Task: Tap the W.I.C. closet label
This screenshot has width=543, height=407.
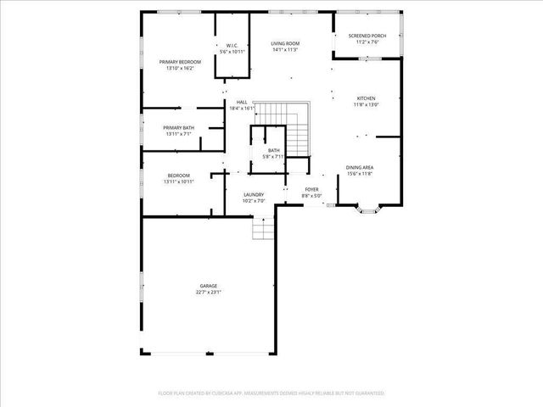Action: pyautogui.click(x=232, y=46)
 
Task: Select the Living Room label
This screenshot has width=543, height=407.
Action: pyautogui.click(x=286, y=43)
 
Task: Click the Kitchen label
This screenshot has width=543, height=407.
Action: pyautogui.click(x=366, y=98)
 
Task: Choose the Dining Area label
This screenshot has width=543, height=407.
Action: pyautogui.click(x=360, y=168)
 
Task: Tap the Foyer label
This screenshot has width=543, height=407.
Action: pyautogui.click(x=311, y=189)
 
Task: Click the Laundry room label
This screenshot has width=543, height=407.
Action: pyautogui.click(x=254, y=195)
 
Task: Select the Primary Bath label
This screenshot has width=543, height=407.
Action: pyautogui.click(x=179, y=128)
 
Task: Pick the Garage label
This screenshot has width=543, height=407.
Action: pyautogui.click(x=209, y=286)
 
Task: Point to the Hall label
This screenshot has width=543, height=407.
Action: pyautogui.click(x=242, y=103)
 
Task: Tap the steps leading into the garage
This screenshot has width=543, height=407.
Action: pyautogui.click(x=263, y=228)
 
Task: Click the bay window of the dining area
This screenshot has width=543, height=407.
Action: pyautogui.click(x=370, y=207)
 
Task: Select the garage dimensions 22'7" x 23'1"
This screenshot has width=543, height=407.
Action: pyautogui.click(x=209, y=293)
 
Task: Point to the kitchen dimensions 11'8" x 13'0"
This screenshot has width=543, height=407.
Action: pyautogui.click(x=366, y=105)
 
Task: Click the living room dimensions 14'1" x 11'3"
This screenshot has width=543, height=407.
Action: pyautogui.click(x=286, y=49)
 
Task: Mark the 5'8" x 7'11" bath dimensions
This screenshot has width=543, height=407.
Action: pyautogui.click(x=273, y=157)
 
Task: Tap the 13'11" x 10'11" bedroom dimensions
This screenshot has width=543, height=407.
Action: pyautogui.click(x=179, y=181)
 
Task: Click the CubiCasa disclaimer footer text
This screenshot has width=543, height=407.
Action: pyautogui.click(x=271, y=393)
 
